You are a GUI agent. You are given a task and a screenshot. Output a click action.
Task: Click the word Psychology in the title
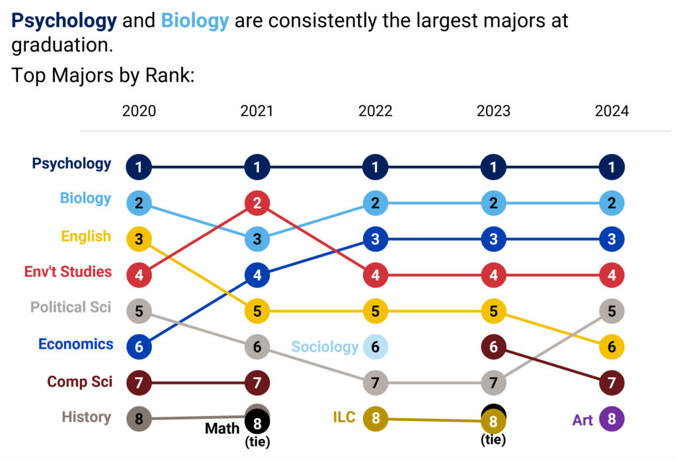pyautogui.click(x=64, y=21)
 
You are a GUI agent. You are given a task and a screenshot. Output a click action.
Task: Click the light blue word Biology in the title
pyautogui.click(x=195, y=21)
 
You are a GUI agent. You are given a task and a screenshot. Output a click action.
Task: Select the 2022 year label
pyautogui.click(x=375, y=111)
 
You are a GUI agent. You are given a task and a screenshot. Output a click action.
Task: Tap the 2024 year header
pyautogui.click(x=612, y=111)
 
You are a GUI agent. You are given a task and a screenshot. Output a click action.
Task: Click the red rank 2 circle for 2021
pyautogui.click(x=257, y=203)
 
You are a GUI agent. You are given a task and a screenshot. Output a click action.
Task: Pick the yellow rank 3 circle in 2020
pyautogui.click(x=139, y=239)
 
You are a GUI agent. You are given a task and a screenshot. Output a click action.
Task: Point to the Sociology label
pyautogui.click(x=325, y=347)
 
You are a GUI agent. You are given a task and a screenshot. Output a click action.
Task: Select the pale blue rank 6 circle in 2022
pyautogui.click(x=375, y=347)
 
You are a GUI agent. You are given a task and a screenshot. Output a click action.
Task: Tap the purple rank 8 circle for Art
pyautogui.click(x=612, y=419)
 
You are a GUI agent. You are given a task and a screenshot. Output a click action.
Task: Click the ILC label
pyautogui.click(x=344, y=417)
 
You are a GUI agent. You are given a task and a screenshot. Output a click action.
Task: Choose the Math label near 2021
pyautogui.click(x=222, y=429)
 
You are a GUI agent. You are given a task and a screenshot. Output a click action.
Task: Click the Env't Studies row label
pyautogui.click(x=67, y=272)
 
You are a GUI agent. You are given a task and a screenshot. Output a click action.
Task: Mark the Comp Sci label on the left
pyautogui.click(x=79, y=382)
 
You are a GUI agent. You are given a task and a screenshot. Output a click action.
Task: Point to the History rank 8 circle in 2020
pyautogui.click(x=139, y=419)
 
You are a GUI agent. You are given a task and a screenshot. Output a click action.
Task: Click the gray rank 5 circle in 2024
pyautogui.click(x=612, y=310)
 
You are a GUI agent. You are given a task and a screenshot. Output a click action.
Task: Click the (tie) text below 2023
pyautogui.click(x=493, y=440)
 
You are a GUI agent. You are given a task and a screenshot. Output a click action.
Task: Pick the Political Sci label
pyautogui.click(x=71, y=307)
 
